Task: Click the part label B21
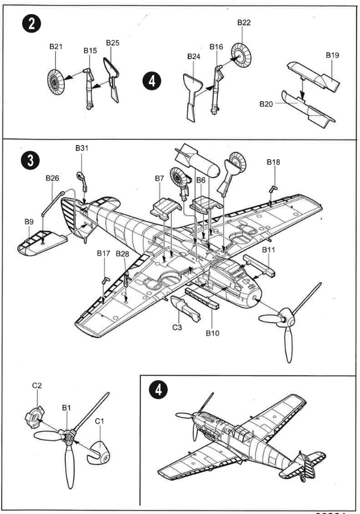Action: click(55, 46)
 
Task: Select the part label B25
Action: click(113, 43)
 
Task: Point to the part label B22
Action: click(244, 22)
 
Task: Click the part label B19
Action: click(333, 55)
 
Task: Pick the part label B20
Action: click(266, 104)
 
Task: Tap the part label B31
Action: click(82, 148)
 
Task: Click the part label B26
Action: click(52, 178)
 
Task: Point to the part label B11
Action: click(268, 250)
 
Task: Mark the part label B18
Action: click(273, 162)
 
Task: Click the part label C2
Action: click(37, 385)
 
